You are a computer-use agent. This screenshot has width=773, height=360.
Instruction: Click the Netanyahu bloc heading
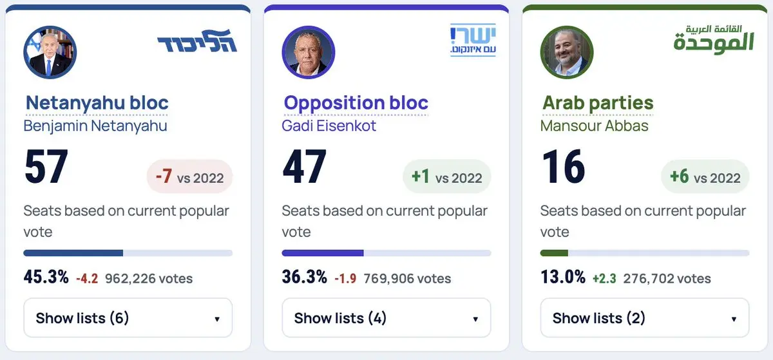[97, 103]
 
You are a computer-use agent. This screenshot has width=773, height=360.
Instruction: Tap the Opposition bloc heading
[356, 103]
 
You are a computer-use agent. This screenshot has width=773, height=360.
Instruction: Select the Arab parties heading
[598, 103]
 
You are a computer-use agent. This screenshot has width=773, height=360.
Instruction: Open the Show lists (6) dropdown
[128, 318]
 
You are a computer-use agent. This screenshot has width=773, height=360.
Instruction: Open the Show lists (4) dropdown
[386, 318]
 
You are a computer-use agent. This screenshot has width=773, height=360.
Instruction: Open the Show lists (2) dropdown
[645, 318]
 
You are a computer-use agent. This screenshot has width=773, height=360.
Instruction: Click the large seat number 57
[46, 166]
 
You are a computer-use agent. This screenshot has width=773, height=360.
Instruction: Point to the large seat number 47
[304, 166]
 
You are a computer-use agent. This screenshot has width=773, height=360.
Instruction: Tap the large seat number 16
[564, 166]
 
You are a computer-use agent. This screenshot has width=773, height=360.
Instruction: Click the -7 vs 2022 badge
[190, 176]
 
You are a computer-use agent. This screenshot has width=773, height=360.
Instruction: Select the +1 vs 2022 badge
[447, 176]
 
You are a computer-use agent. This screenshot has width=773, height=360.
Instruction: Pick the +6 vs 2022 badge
[705, 176]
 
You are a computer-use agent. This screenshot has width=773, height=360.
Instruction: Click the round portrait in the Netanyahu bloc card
[50, 52]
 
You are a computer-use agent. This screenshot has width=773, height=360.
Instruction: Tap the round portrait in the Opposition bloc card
[308, 52]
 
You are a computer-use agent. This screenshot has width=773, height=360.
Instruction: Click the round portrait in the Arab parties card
[567, 52]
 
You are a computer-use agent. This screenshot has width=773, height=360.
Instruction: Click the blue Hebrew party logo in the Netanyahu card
[197, 41]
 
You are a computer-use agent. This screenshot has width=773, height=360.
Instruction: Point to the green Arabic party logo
[714, 39]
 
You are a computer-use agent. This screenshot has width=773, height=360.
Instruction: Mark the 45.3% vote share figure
[46, 277]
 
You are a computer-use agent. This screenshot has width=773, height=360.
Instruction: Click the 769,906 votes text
[407, 278]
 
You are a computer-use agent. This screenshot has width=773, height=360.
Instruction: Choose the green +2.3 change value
[604, 278]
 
